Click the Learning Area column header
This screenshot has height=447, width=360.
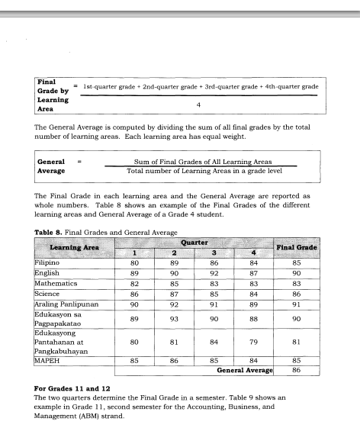(x=73, y=247)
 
